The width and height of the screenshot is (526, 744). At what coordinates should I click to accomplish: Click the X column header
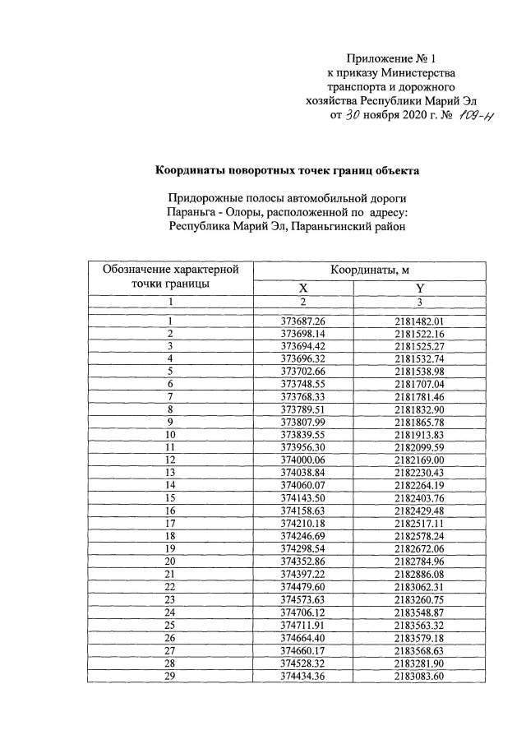[x=303, y=288]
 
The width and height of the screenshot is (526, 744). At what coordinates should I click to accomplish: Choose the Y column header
[x=419, y=288]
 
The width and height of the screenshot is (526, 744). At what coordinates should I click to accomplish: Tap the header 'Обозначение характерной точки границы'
[x=169, y=277]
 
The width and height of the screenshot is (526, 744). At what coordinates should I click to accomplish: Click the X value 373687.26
[x=303, y=321]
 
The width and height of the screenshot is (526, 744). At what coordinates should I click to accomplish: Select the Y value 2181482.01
[x=419, y=321]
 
